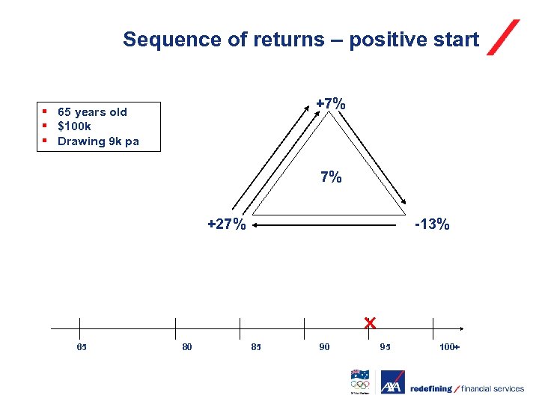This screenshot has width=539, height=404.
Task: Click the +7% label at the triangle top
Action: click(x=330, y=103)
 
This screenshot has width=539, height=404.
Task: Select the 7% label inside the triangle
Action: click(x=331, y=177)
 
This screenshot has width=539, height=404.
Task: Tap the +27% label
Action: click(x=226, y=224)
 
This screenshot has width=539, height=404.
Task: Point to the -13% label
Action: click(x=432, y=224)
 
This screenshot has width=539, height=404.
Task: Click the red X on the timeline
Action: click(x=369, y=323)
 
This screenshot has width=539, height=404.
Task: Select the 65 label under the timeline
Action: click(x=82, y=347)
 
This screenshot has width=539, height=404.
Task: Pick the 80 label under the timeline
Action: click(x=187, y=347)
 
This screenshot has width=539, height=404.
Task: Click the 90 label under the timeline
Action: click(x=324, y=347)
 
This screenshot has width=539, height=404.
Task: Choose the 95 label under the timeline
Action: click(x=386, y=347)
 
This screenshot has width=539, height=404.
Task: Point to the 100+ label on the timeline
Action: click(x=449, y=347)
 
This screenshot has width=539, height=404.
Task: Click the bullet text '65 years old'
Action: click(x=92, y=112)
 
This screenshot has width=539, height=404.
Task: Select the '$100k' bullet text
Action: click(x=74, y=126)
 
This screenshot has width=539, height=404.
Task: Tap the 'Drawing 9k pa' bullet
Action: click(x=98, y=141)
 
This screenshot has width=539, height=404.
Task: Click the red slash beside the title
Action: click(x=503, y=37)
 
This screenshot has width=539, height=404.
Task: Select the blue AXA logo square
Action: click(x=392, y=382)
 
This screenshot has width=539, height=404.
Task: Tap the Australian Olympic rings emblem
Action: click(x=360, y=382)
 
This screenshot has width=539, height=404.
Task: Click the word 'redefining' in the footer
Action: click(x=430, y=388)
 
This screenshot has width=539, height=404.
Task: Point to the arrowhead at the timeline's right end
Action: click(x=462, y=328)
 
